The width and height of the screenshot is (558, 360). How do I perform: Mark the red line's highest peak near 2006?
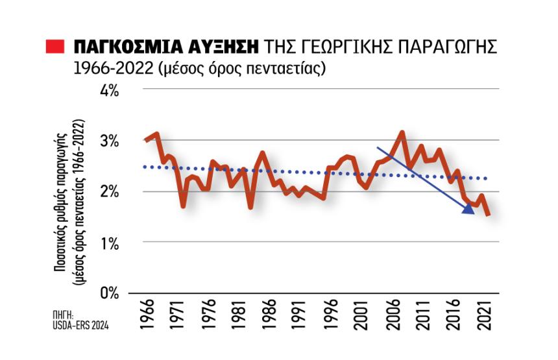coord(402,134)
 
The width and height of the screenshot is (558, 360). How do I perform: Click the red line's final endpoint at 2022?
coord(487,214)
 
